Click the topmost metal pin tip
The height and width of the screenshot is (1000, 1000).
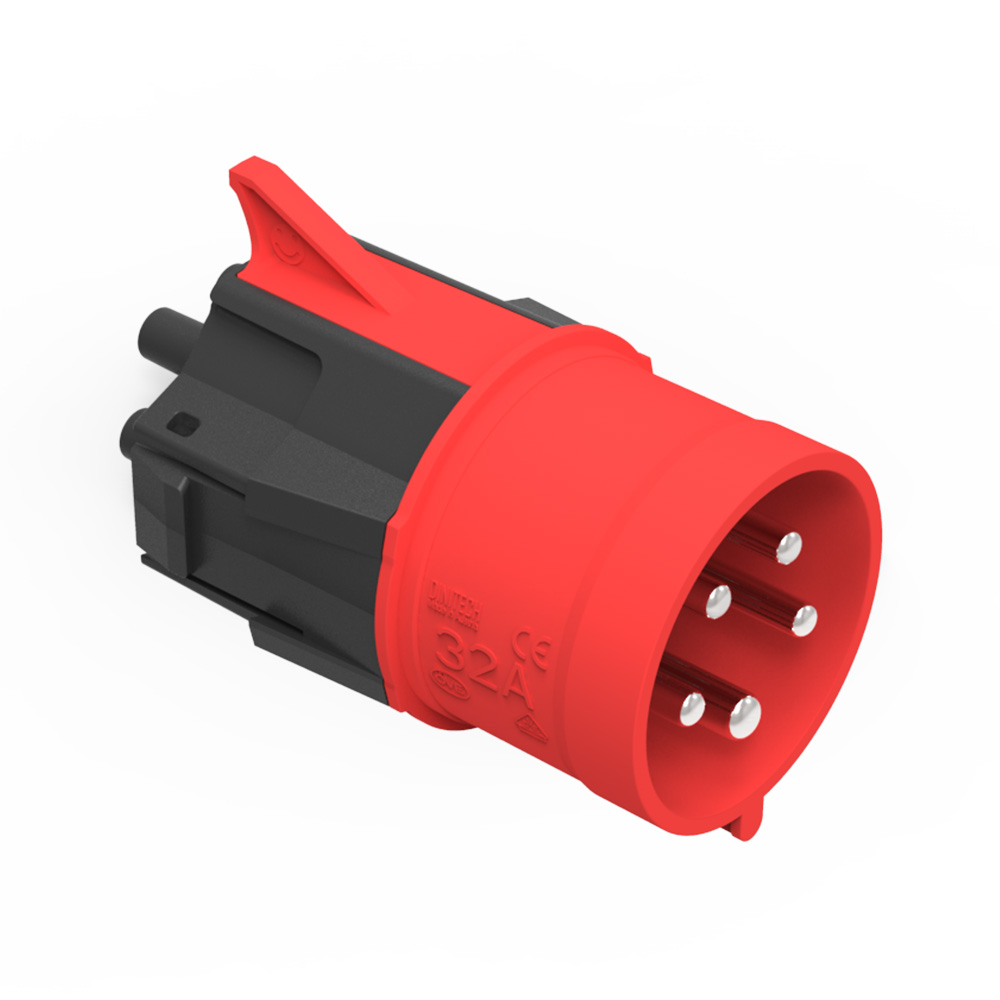pos(789,545)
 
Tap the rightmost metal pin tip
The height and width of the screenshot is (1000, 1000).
pos(804,620)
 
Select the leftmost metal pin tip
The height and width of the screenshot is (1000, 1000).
pos(691,709)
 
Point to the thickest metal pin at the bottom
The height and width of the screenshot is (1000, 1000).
pos(744,716)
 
